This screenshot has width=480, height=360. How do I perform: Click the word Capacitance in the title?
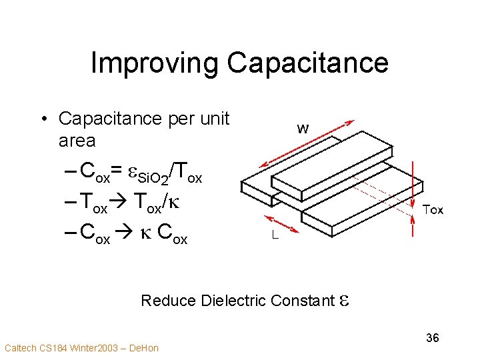(307, 63)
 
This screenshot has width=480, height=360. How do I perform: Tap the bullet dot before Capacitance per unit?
(43, 119)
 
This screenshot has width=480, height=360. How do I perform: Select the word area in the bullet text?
(77, 141)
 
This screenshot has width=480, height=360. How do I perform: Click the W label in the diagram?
(303, 129)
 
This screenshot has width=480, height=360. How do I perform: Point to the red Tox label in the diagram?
(433, 210)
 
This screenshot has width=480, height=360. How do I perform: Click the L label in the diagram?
(274, 235)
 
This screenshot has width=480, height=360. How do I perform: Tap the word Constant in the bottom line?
(301, 301)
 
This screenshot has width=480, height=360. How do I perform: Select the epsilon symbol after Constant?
(343, 301)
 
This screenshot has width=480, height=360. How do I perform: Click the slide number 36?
(433, 338)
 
